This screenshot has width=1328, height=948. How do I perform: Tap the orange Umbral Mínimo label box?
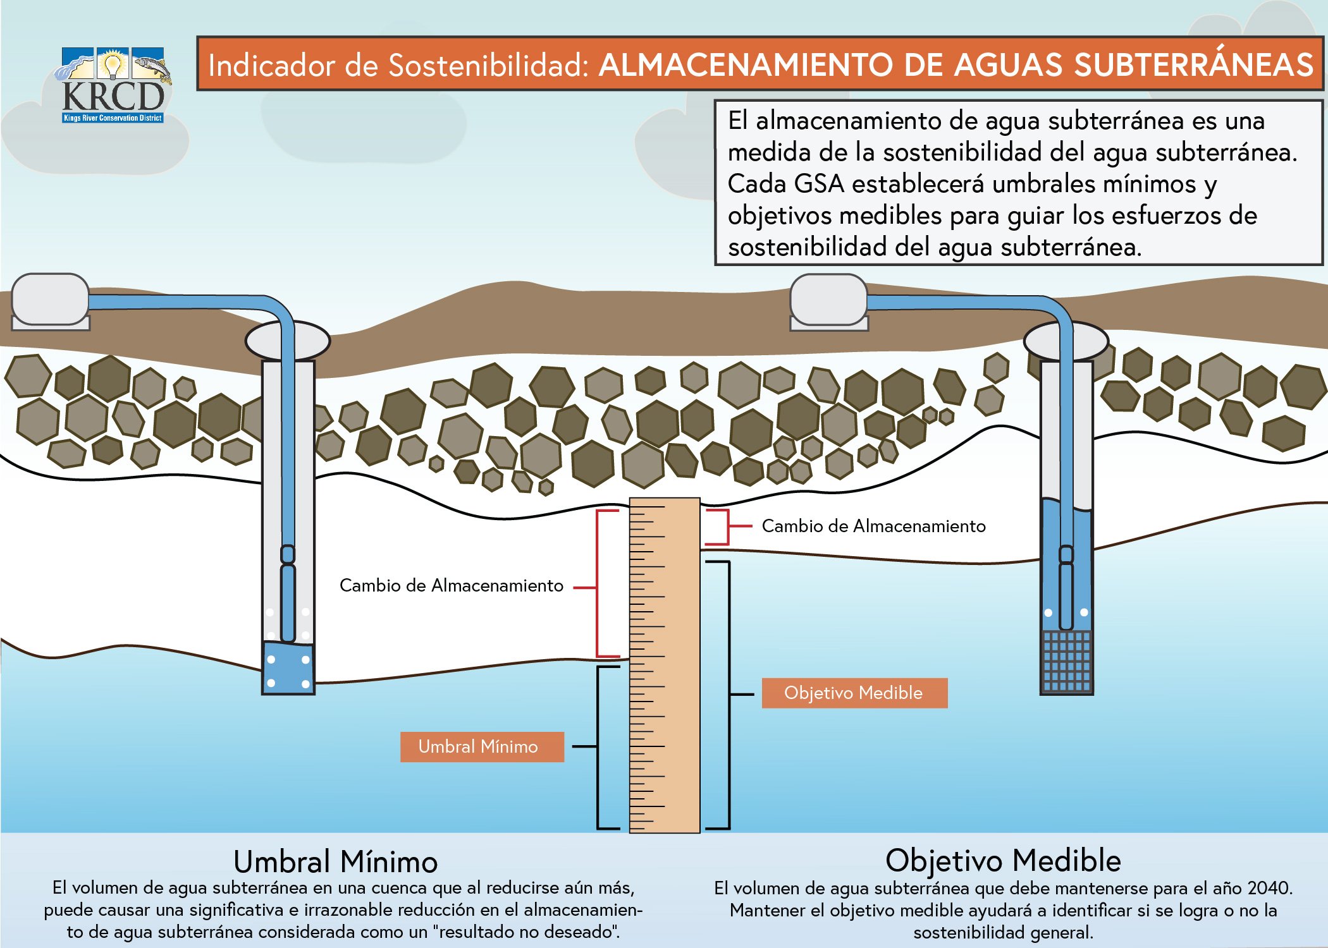[x=481, y=746]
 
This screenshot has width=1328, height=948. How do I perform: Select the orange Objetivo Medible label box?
[x=854, y=693]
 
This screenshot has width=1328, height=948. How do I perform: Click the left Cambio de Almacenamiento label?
[x=451, y=585]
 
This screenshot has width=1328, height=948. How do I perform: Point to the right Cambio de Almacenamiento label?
[x=873, y=526]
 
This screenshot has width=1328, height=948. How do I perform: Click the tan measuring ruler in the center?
[x=665, y=664]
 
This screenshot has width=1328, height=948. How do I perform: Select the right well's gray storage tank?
[x=828, y=300]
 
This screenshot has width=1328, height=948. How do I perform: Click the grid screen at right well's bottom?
[x=1066, y=661]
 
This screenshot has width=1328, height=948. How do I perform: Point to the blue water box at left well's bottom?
[x=288, y=669]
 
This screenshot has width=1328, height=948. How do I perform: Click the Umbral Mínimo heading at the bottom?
[x=335, y=861]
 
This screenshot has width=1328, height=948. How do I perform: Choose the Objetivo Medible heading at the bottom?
[x=1003, y=860]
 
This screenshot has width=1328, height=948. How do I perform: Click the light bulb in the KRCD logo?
[x=113, y=64]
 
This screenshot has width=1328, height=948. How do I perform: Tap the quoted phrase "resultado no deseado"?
[x=526, y=932]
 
